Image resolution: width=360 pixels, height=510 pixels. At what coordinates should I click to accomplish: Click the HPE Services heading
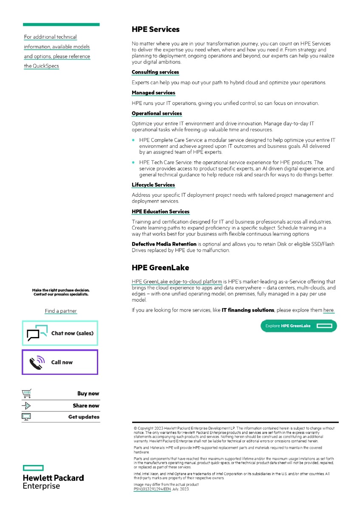tap(156, 30)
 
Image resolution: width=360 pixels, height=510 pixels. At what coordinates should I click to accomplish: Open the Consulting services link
tap(155, 72)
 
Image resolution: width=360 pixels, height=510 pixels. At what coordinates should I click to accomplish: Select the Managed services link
tap(153, 93)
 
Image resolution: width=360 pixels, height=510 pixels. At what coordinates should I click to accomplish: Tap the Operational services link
tap(157, 113)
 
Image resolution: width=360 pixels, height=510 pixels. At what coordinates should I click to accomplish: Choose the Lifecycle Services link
tap(153, 185)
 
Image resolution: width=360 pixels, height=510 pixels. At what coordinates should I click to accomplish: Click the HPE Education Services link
tap(161, 212)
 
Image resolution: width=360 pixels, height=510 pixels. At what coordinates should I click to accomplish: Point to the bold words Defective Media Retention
tap(164, 244)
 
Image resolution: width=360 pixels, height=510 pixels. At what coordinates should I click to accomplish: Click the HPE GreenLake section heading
tap(160, 268)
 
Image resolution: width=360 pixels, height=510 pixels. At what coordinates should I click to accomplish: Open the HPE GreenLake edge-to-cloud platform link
tap(177, 282)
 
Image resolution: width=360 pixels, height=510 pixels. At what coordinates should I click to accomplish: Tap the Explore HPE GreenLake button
tap(298, 326)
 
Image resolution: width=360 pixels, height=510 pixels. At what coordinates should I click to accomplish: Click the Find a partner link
tap(61, 311)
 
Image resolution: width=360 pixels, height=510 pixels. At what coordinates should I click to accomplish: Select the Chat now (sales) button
tap(60, 333)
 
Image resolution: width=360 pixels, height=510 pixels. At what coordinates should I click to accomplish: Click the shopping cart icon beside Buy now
tap(26, 394)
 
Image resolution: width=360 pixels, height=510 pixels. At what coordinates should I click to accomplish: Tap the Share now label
tap(86, 406)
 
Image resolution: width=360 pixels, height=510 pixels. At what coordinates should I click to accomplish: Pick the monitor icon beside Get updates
tap(26, 417)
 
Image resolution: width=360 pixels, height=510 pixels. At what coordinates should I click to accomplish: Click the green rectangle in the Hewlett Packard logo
tap(33, 468)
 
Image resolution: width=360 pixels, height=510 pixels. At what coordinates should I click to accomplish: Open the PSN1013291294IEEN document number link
tap(152, 489)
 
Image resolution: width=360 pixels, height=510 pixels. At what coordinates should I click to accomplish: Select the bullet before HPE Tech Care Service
tap(133, 162)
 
